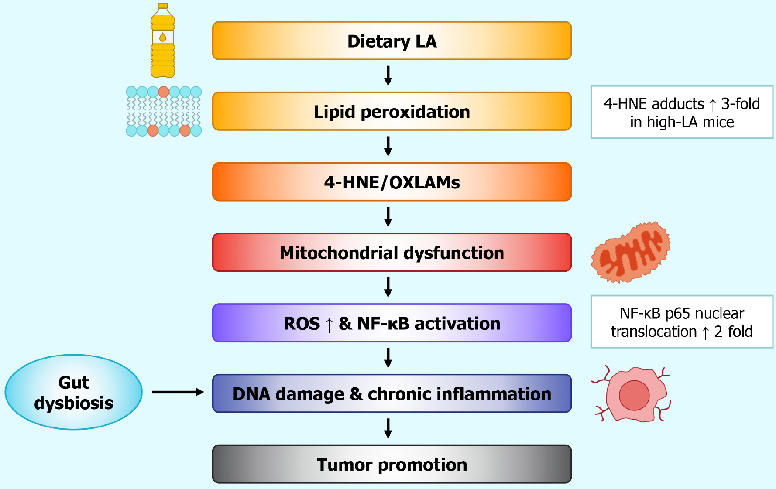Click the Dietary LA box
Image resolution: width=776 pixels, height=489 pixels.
391,41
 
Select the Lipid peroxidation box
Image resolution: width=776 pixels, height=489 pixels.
391,112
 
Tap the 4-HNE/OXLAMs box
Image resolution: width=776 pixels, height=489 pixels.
391,182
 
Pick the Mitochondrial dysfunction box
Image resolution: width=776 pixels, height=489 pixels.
391,253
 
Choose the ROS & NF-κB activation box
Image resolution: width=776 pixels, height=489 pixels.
391,323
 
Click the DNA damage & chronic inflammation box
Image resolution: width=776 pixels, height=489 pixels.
391,393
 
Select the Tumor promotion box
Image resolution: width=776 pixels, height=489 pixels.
391,464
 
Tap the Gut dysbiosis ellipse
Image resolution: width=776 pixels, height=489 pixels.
73,392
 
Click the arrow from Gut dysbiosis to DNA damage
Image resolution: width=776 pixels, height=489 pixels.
177,392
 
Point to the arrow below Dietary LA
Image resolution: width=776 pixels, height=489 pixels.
388,75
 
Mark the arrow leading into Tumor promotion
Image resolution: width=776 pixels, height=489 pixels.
388,428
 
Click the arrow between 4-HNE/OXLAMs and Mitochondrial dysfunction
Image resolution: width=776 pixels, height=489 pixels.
388,216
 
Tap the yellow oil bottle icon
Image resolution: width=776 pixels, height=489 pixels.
163,44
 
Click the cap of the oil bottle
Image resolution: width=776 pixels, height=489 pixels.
163,6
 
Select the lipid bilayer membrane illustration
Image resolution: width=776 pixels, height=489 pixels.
164,111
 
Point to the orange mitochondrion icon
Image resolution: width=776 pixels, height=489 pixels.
631,252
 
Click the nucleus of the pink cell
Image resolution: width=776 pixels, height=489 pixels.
634,395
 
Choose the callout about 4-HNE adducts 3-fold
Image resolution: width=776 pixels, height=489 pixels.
681,113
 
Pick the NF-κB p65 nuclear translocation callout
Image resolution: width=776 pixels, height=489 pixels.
681,322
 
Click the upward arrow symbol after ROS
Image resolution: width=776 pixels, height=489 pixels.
329,324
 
